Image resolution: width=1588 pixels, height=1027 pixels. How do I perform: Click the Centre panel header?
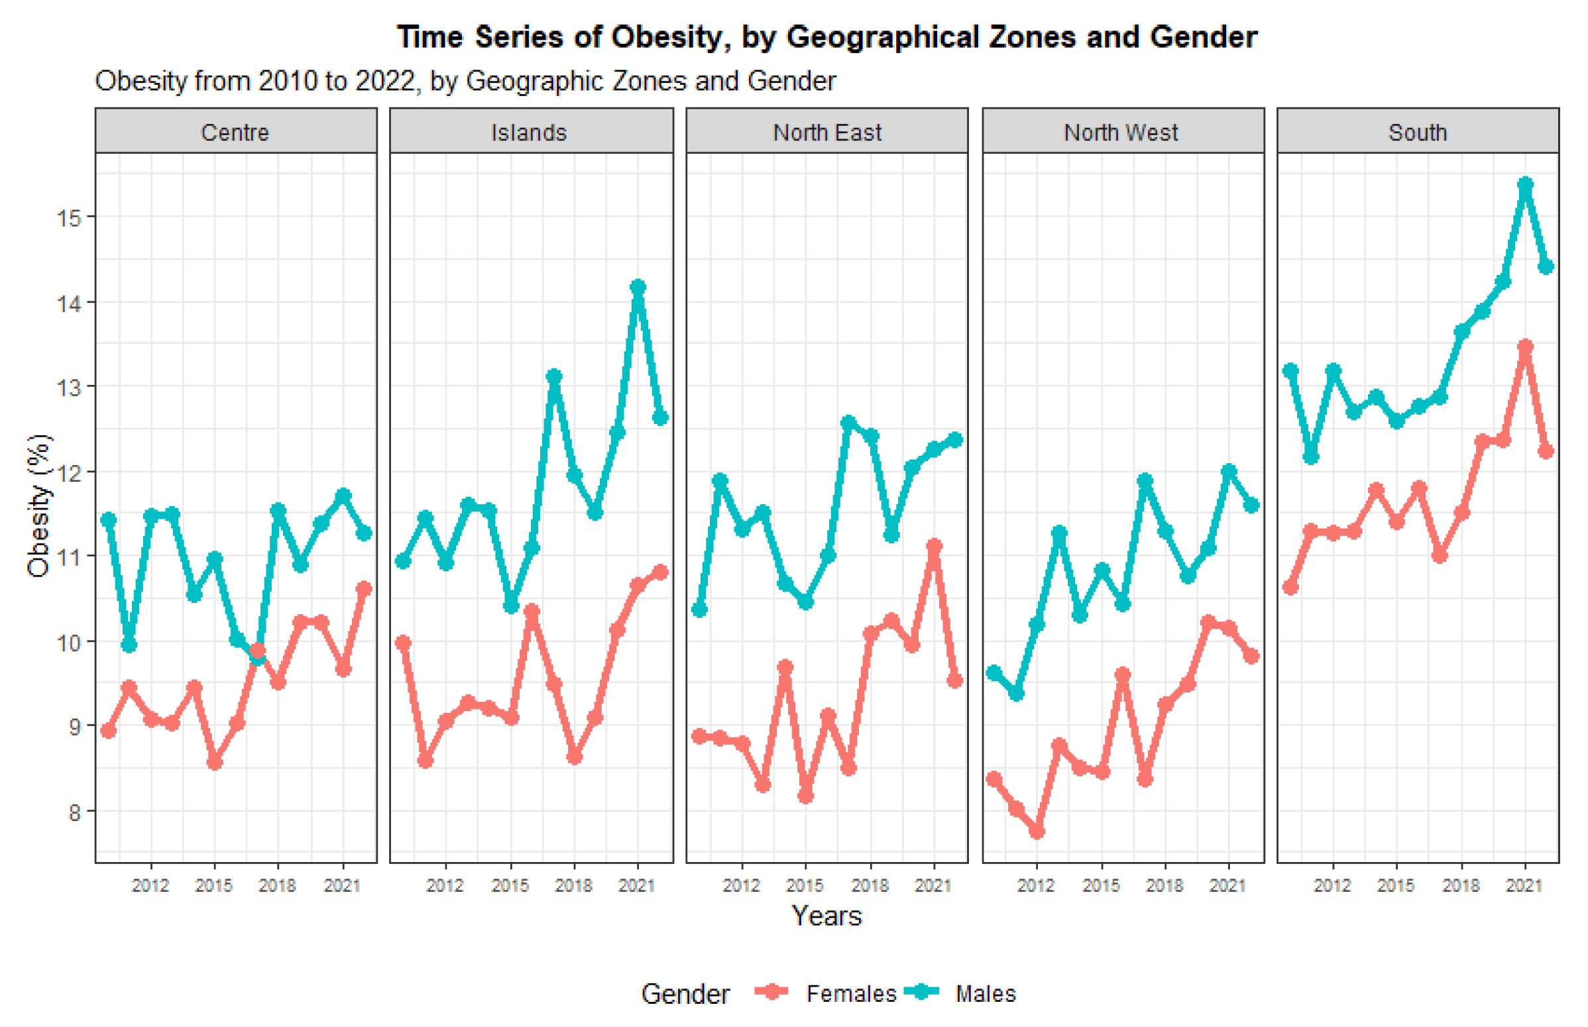click(x=235, y=132)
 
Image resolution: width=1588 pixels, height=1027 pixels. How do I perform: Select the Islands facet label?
click(x=528, y=132)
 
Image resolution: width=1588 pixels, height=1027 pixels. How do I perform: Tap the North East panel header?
click(x=826, y=132)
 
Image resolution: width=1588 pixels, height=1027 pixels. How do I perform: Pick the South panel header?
click(x=1417, y=132)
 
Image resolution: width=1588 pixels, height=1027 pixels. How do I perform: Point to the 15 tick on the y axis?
click(x=69, y=217)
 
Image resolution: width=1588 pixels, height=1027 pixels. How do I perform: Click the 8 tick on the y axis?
click(x=74, y=812)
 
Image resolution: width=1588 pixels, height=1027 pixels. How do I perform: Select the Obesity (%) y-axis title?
click(x=38, y=505)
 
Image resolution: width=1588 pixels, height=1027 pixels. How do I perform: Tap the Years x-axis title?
click(x=826, y=916)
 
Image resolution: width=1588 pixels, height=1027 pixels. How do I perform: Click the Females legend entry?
click(x=850, y=994)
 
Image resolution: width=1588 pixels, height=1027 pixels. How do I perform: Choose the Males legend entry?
click(x=985, y=994)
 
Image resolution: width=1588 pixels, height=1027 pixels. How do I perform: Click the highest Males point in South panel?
click(x=1524, y=184)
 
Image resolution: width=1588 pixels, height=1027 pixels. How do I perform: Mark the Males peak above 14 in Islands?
click(x=638, y=288)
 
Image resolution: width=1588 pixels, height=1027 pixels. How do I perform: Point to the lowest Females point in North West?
click(x=1037, y=832)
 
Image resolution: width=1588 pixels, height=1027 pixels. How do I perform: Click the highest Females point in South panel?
click(x=1524, y=346)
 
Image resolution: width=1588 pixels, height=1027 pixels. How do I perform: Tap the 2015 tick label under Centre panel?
click(x=213, y=886)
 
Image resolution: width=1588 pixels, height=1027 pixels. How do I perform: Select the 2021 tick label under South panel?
click(x=1524, y=886)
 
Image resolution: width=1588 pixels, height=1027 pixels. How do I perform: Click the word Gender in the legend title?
click(x=685, y=994)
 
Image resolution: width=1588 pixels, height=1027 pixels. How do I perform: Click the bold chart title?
click(x=826, y=36)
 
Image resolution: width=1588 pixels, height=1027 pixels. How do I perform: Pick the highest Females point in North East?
click(x=934, y=546)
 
